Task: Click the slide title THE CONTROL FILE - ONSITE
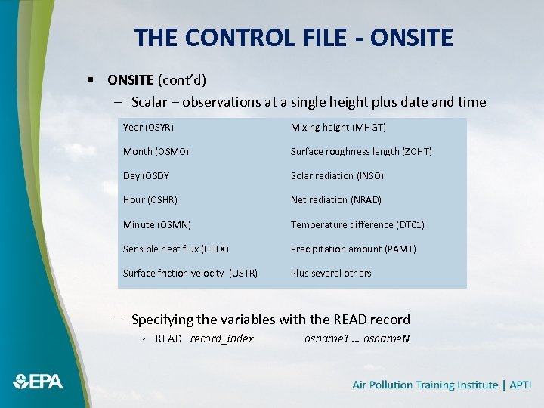pyautogui.click(x=293, y=37)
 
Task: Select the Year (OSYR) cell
pyautogui.click(x=148, y=128)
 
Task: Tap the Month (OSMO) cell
pyautogui.click(x=156, y=152)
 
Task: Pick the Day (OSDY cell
pyautogui.click(x=146, y=176)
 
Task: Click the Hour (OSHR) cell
pyautogui.click(x=150, y=200)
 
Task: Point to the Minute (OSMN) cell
pyautogui.click(x=156, y=224)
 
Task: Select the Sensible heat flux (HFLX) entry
pyautogui.click(x=175, y=249)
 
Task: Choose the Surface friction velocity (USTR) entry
pyautogui.click(x=190, y=273)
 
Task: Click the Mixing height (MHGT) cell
pyautogui.click(x=338, y=128)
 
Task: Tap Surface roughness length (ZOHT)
pyautogui.click(x=361, y=152)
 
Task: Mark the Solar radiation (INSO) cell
pyautogui.click(x=337, y=176)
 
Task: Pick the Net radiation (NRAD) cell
pyautogui.click(x=335, y=200)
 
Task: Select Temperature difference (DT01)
pyautogui.click(x=357, y=224)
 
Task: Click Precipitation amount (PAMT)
pyautogui.click(x=353, y=249)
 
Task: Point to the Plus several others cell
pyautogui.click(x=331, y=273)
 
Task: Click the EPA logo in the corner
pyautogui.click(x=38, y=382)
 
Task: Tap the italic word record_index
pyautogui.click(x=221, y=338)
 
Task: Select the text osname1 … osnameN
pyautogui.click(x=357, y=338)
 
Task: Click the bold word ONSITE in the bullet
pyautogui.click(x=131, y=79)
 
